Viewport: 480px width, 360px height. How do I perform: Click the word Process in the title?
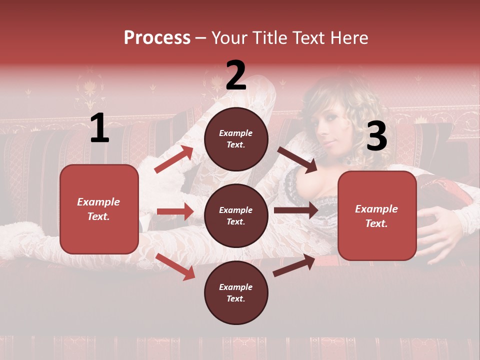[157, 38]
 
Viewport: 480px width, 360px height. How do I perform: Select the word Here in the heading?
[349, 38]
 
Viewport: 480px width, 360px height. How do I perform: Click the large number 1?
[99, 128]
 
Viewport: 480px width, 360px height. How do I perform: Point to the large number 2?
[236, 75]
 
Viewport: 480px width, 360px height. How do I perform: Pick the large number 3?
[376, 136]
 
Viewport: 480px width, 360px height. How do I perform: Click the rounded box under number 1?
[99, 209]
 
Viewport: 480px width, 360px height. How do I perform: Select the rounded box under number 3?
[377, 216]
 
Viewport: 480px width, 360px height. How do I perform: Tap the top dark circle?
[236, 139]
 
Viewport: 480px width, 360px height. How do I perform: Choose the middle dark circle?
[236, 215]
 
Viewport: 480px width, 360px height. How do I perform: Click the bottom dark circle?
[236, 292]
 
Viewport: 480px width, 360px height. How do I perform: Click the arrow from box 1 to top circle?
[173, 159]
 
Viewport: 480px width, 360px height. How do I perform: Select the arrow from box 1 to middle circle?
[175, 211]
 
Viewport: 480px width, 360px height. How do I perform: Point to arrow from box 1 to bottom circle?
[175, 266]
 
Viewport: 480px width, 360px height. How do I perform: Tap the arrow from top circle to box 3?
[297, 159]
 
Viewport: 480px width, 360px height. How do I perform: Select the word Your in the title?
[229, 38]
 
